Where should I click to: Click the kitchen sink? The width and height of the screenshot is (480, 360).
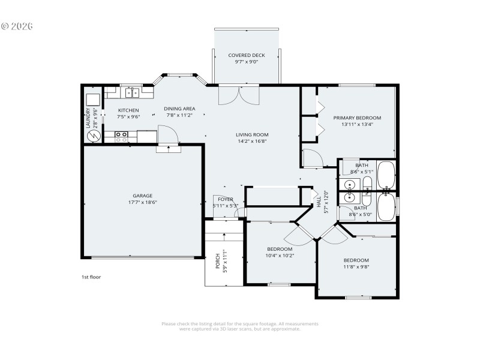click(x=132, y=93)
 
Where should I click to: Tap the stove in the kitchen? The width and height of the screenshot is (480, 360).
click(x=122, y=137)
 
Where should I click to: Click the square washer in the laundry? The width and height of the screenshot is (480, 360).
click(x=93, y=100)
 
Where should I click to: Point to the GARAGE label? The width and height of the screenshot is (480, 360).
click(x=142, y=196)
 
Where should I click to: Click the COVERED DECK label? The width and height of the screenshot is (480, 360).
click(x=246, y=55)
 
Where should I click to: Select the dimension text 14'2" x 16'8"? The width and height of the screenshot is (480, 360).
click(x=251, y=142)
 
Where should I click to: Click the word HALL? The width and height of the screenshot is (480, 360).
click(x=319, y=202)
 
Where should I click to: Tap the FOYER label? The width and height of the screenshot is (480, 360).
click(x=225, y=199)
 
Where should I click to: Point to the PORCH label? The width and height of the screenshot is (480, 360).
click(x=217, y=261)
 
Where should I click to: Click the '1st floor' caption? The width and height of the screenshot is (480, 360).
click(x=91, y=277)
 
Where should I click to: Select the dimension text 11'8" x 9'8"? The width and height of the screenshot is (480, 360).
click(x=356, y=267)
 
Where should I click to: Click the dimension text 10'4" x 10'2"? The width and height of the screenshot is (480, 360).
click(x=280, y=256)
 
